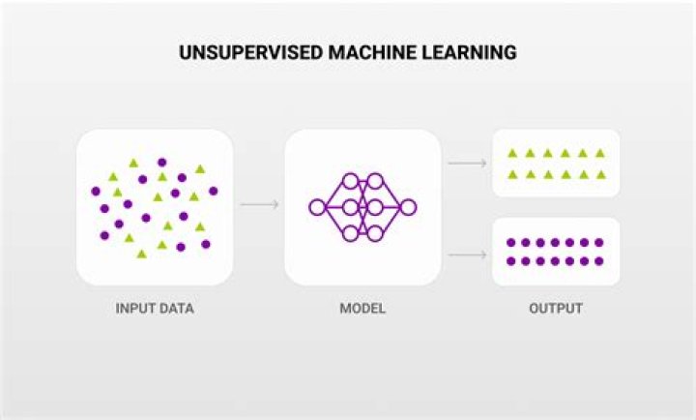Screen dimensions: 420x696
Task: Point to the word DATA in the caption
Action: pos(177,310)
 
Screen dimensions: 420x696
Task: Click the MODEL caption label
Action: pos(362,310)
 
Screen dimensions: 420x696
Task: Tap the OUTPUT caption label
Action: pos(556,310)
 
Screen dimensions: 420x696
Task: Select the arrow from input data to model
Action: pos(258,205)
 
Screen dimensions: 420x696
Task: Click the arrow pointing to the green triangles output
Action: pos(467,163)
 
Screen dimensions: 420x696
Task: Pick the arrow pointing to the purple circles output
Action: pos(467,255)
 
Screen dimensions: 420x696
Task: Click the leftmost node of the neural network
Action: pos(316,206)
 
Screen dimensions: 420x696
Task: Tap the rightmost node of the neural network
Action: pos(408,206)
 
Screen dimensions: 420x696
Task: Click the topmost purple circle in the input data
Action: pos(161,163)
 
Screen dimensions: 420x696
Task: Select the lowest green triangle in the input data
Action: pos(142,254)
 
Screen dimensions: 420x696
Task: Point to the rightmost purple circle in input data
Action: pos(213,191)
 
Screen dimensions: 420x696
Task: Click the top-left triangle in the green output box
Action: pos(512,153)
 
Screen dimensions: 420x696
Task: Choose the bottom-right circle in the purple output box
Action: pos(599,261)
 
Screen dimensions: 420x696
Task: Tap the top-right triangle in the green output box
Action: pos(599,153)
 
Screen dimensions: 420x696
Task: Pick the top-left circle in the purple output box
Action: pos(512,243)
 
